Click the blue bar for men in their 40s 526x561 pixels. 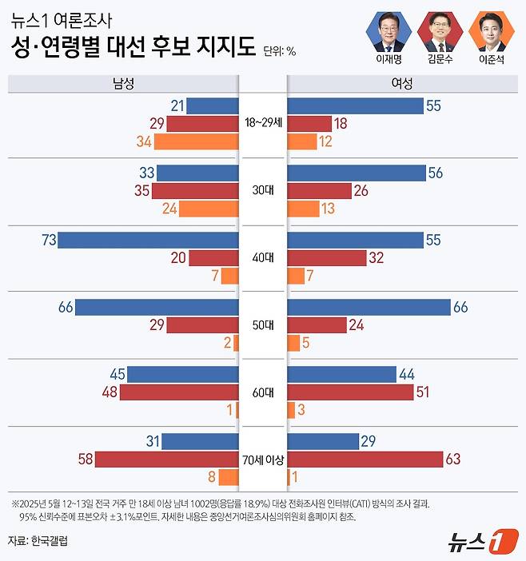pos(149,240)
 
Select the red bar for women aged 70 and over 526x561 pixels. pos(365,460)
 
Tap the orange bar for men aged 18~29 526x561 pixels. pos(197,142)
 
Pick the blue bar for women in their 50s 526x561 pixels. pos(369,307)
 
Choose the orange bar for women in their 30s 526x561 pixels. pos(302,209)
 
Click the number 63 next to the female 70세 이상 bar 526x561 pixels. pos(454,460)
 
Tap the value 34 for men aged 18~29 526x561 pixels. pos(144,142)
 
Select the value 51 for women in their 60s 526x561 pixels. pos(424,392)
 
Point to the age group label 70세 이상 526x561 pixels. pos(263,460)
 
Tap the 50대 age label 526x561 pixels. pos(263,325)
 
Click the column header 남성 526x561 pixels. pos(124,83)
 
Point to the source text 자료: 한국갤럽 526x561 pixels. pos(38,541)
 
